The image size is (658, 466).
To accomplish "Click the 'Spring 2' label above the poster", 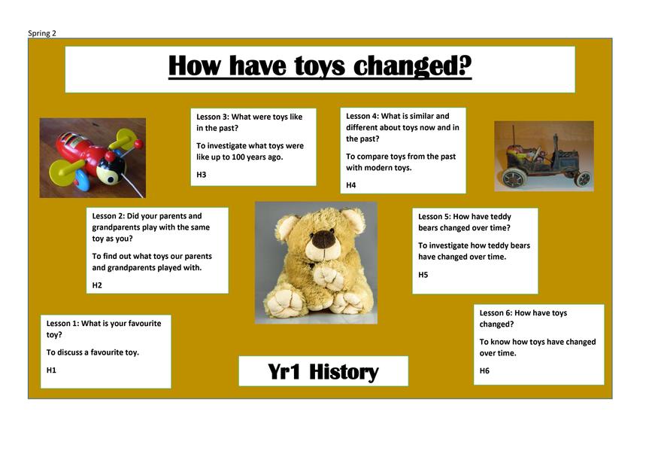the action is (42, 33).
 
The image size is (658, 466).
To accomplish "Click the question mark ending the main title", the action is (465, 65).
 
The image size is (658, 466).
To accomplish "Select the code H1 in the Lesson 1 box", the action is (51, 370).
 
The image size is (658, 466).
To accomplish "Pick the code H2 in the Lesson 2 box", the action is (97, 285).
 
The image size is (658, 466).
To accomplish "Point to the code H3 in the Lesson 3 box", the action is (202, 175).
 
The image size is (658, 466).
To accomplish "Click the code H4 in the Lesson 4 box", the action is (351, 185).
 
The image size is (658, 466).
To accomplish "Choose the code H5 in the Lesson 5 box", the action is (423, 275).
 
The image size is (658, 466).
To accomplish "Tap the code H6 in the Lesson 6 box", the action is (484, 371).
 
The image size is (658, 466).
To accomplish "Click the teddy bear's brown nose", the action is (324, 239).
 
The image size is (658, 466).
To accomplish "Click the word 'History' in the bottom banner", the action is (344, 372).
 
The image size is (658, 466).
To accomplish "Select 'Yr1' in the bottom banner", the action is (284, 372).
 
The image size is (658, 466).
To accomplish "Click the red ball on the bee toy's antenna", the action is (138, 144).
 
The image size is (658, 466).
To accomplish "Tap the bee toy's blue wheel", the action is (83, 181).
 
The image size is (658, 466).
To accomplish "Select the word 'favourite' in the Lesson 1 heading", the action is (141, 324).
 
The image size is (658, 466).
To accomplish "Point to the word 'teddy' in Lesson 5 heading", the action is (501, 217).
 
